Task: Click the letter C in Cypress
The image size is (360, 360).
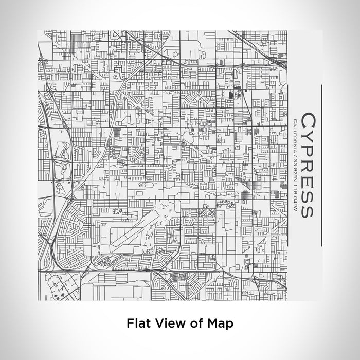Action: click(x=307, y=120)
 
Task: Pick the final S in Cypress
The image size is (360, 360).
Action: click(x=307, y=210)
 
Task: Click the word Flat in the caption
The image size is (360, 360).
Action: click(x=138, y=323)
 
